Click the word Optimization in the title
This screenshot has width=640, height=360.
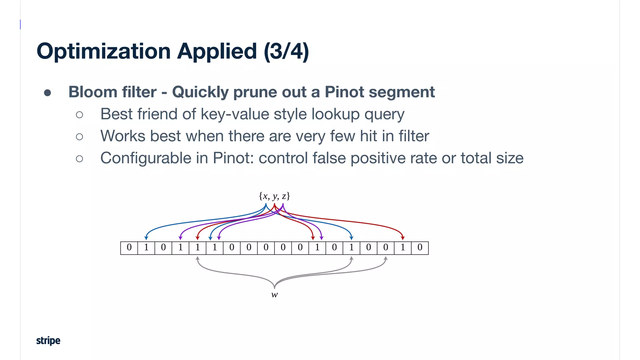tap(103, 52)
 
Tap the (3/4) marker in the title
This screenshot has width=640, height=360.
tap(286, 52)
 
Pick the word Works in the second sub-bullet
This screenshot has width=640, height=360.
tap(123, 136)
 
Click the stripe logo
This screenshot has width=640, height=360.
tap(48, 340)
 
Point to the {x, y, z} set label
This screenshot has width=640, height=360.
tap(274, 196)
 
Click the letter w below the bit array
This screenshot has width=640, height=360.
tap(274, 295)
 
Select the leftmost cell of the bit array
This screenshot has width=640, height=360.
tap(129, 248)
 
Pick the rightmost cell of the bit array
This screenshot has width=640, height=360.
tap(420, 248)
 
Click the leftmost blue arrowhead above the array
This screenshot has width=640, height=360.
tap(146, 238)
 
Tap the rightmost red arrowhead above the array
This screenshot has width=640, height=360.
tap(403, 238)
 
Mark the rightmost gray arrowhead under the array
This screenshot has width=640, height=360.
tap(386, 258)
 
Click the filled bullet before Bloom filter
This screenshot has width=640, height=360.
tap(47, 92)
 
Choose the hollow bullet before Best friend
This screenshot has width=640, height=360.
tap(79, 115)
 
